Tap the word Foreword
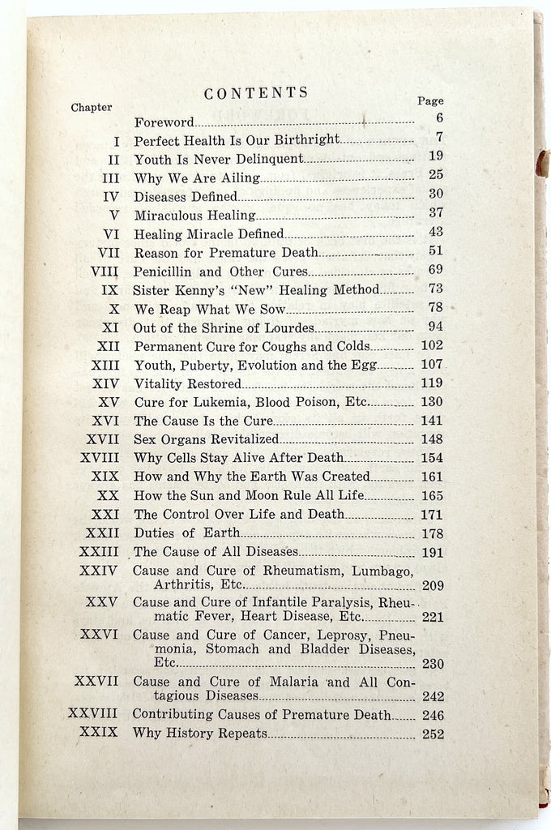pos(164,122)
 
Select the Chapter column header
pos(92,107)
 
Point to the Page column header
pos(430,101)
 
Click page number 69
pos(435,270)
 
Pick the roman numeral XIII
pos(105,365)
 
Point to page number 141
pos(433,421)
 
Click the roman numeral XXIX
pos(99,733)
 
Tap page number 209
pos(433,584)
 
